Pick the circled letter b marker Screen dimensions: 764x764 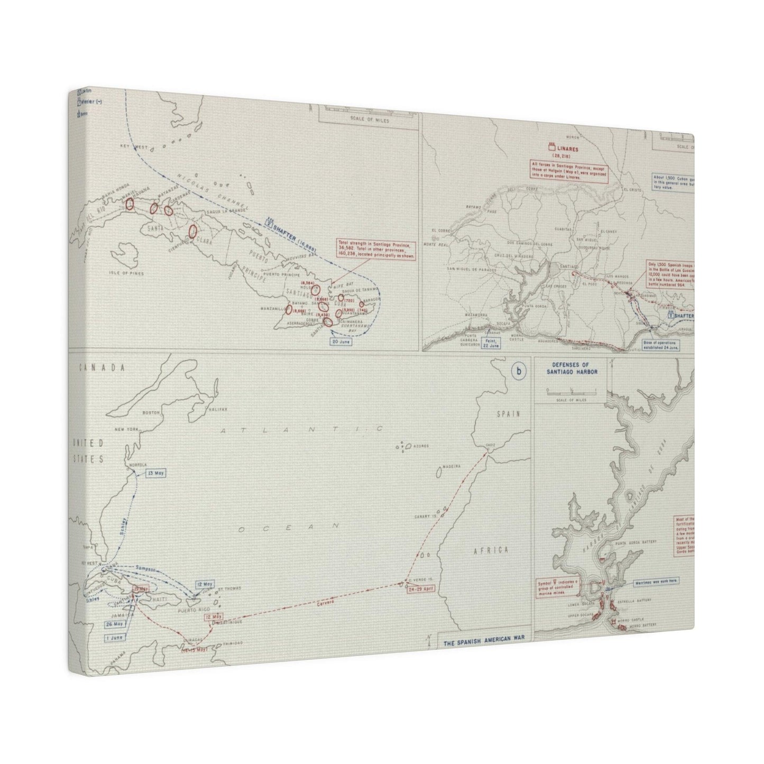pyautogui.click(x=519, y=372)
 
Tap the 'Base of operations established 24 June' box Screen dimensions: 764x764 pyautogui.click(x=659, y=345)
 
